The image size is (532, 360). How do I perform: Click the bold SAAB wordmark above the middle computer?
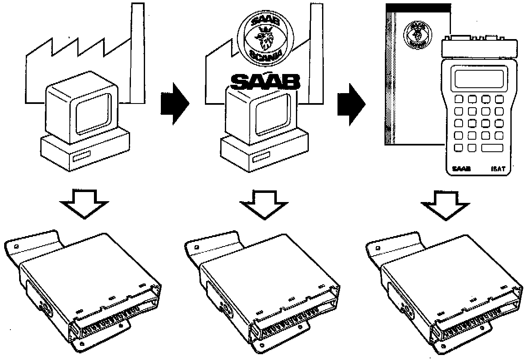(265, 82)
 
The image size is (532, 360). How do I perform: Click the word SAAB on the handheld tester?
(461, 169)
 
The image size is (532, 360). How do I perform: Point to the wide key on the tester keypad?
(492, 148)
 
